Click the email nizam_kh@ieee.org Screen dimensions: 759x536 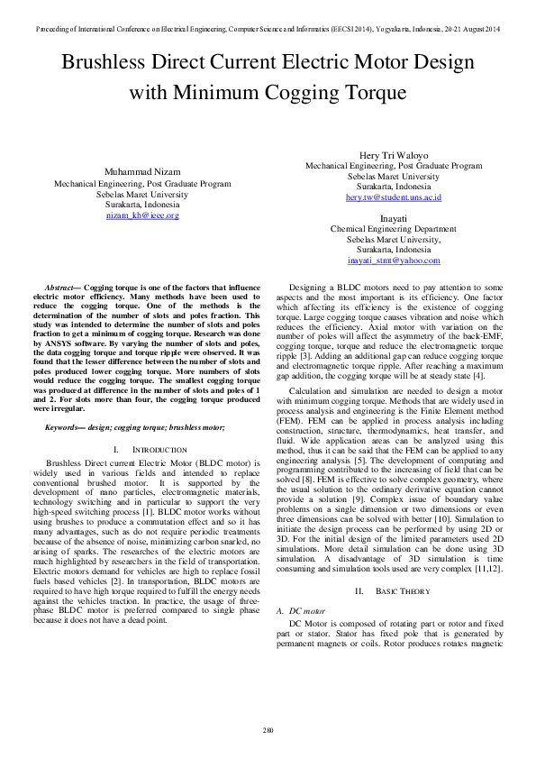[x=142, y=215]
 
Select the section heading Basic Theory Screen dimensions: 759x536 [x=400, y=565]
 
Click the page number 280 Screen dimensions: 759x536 [x=268, y=729]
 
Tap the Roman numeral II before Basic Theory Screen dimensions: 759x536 [x=359, y=565]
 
